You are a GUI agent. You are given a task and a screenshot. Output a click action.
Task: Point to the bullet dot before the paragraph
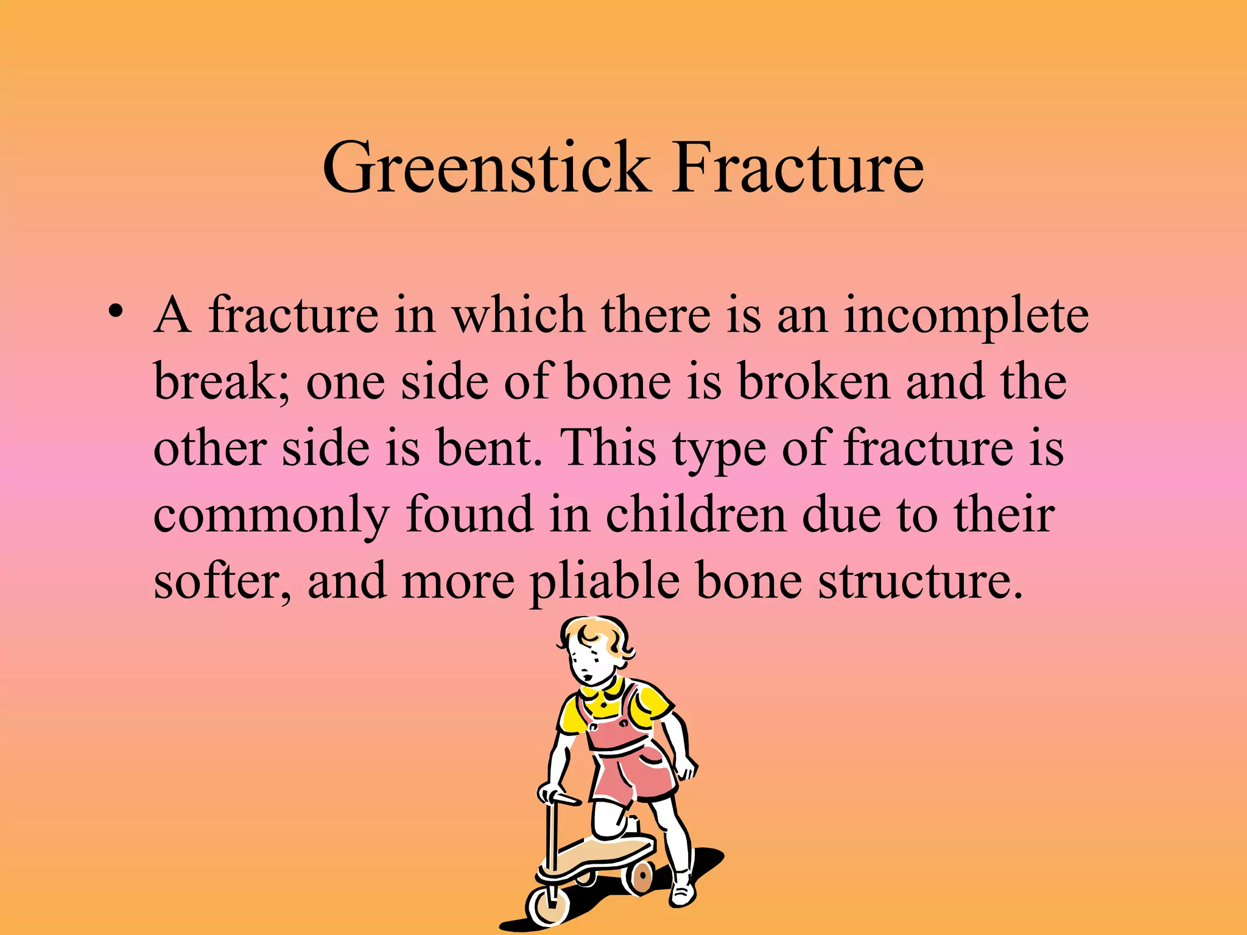[x=114, y=310]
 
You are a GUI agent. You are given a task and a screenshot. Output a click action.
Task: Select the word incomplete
[x=966, y=317]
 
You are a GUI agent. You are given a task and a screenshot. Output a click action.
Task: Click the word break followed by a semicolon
[x=222, y=382]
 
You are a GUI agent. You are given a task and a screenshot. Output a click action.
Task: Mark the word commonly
[x=270, y=516]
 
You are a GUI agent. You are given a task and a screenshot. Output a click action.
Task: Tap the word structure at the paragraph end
[x=919, y=581]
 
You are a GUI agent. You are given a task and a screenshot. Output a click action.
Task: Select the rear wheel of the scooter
[x=640, y=877]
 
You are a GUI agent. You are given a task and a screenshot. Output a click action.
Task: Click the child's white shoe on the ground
[x=683, y=892]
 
